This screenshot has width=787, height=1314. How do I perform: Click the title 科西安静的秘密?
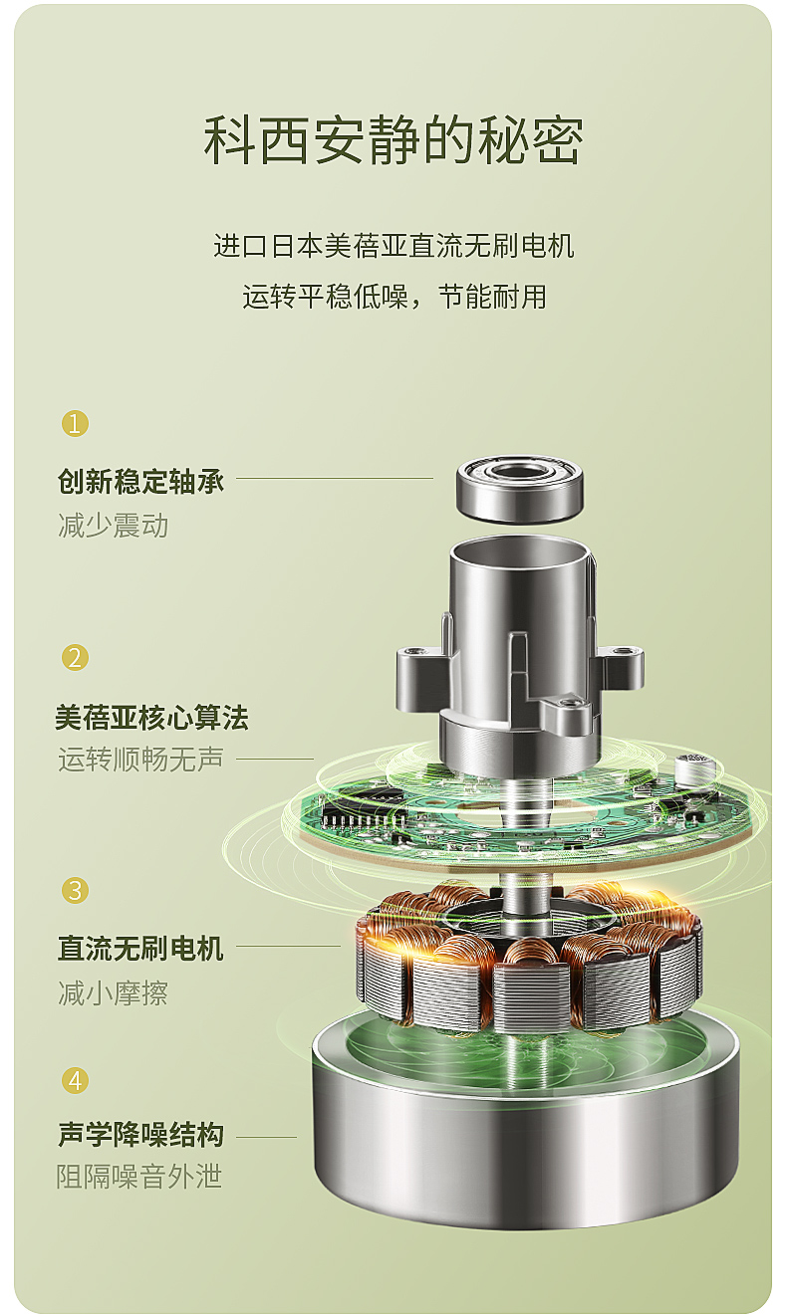(x=393, y=140)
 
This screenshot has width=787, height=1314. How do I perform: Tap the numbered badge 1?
(x=75, y=423)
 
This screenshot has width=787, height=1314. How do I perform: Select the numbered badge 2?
(x=75, y=658)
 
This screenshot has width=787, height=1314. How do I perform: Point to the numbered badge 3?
(x=75, y=891)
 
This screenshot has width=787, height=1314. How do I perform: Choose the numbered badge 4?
(x=75, y=1080)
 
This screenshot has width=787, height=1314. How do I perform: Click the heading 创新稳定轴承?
(x=140, y=481)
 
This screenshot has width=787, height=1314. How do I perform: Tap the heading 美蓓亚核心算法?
(x=152, y=718)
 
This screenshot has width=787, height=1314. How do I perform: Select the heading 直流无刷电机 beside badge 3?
(x=140, y=949)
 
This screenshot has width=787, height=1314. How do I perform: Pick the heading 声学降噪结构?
(x=140, y=1135)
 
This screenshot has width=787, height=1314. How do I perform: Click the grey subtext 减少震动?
(x=114, y=525)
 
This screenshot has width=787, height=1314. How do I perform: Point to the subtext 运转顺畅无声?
(x=140, y=760)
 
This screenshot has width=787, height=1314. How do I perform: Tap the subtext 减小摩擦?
(x=114, y=993)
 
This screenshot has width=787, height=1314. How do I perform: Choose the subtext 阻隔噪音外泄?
(x=139, y=1177)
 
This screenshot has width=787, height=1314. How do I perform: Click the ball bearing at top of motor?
(x=520, y=490)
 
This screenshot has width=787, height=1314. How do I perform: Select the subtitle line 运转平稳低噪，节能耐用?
(x=394, y=297)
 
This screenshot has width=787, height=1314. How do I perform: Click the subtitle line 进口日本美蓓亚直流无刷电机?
(x=393, y=246)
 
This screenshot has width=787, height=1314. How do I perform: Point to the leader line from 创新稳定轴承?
(x=335, y=478)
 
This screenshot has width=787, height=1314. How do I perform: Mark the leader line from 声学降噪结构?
(x=266, y=1137)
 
